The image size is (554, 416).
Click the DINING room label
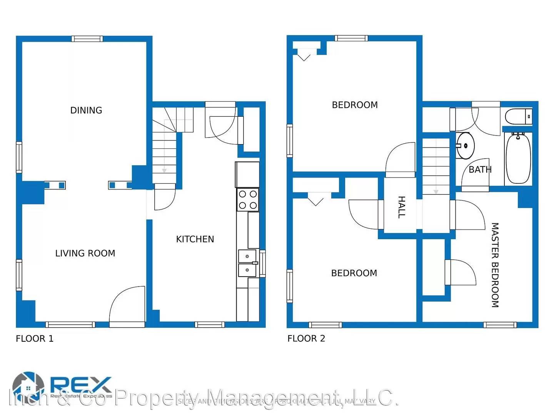(x=86, y=111)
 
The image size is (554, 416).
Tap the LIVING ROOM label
(x=85, y=253)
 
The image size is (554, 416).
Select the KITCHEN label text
(x=195, y=239)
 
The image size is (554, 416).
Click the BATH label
(x=480, y=169)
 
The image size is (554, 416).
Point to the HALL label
(x=401, y=207)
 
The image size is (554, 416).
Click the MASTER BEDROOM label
(x=495, y=265)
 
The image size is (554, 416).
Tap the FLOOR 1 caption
(x=35, y=339)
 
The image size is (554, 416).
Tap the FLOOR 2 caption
(x=306, y=339)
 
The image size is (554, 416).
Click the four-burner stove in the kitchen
(x=248, y=200)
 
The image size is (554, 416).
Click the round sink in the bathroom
(x=466, y=146)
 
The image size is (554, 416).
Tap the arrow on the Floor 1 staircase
(x=164, y=169)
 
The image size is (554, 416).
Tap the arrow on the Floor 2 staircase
(x=436, y=191)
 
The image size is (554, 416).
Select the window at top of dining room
(x=87, y=39)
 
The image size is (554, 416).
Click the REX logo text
(x=81, y=384)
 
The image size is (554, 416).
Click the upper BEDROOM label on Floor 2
(x=355, y=105)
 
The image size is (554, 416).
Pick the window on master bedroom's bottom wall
(x=500, y=325)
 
